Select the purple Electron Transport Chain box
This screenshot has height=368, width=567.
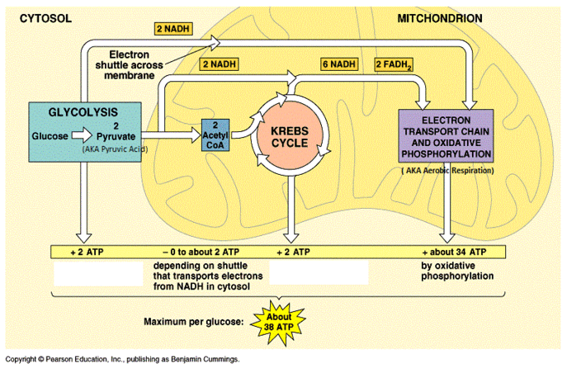446,134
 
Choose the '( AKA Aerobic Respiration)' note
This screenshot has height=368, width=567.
447,171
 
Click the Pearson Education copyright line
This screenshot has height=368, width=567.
122,360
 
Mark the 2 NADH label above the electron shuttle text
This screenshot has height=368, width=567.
174,28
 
